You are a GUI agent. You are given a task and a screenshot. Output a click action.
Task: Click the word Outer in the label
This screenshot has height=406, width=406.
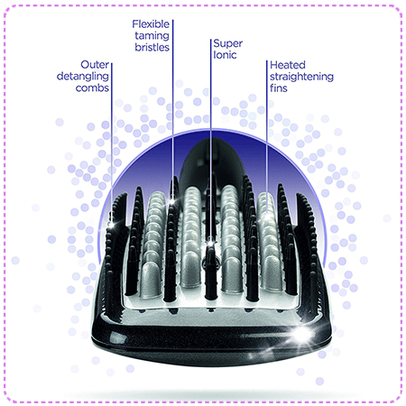click(x=95, y=65)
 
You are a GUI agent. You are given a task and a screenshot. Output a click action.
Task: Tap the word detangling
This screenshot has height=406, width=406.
click(x=83, y=77)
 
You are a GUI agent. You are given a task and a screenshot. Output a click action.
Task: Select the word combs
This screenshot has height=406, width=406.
click(x=92, y=88)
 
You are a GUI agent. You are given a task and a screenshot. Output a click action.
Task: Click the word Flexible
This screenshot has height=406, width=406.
click(x=151, y=24)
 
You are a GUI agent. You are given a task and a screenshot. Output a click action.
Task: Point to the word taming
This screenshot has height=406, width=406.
click(x=152, y=36)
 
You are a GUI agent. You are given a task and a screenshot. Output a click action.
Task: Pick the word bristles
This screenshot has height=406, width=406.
click(x=152, y=47)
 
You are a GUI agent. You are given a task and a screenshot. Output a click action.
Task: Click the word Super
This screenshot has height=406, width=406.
click(x=228, y=44)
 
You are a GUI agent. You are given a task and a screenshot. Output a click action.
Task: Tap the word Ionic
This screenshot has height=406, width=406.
click(x=225, y=55)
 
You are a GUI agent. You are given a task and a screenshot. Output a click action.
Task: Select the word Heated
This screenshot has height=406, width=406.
click(x=288, y=65)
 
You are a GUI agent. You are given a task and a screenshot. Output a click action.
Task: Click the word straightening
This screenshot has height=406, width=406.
click(x=301, y=77)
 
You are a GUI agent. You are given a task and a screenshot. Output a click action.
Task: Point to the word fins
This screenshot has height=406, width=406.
click(x=279, y=88)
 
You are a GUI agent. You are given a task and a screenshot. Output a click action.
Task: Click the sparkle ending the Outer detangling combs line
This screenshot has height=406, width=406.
click(x=112, y=225)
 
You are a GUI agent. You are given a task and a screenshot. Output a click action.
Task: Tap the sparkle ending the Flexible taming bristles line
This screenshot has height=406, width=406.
click(x=172, y=201)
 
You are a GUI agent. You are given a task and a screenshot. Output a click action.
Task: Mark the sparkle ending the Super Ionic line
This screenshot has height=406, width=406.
click(x=210, y=241)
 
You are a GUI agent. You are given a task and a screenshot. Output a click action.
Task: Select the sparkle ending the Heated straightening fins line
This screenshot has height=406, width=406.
click(x=266, y=216)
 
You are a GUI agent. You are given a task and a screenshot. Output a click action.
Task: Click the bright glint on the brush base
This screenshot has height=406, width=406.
click(x=301, y=333)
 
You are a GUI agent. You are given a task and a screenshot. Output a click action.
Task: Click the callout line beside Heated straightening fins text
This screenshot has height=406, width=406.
click(x=266, y=138)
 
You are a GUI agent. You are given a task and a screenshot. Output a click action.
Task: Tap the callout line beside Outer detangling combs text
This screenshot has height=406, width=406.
click(x=112, y=143)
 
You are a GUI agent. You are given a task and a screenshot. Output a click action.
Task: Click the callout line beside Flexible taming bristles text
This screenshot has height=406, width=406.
click(x=172, y=110)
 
